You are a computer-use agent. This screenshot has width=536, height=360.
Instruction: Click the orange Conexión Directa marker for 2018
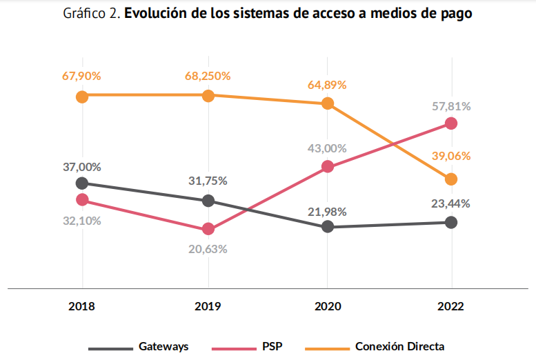(82, 97)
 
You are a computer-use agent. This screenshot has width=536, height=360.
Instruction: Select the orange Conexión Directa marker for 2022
(451, 179)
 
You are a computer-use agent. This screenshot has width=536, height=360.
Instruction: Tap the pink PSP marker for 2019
(208, 229)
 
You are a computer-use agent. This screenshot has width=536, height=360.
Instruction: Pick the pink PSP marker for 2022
(451, 123)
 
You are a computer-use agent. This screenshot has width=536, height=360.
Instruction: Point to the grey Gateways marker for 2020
(328, 226)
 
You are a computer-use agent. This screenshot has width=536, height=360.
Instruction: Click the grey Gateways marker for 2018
(82, 183)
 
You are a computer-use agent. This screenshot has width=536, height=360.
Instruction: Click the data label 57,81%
(451, 106)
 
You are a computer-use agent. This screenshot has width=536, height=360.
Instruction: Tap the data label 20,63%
(208, 249)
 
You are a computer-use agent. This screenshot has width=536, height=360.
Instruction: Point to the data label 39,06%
(451, 156)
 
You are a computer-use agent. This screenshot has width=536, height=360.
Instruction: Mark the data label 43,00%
(328, 148)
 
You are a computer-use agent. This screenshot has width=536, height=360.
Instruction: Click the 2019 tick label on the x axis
(208, 306)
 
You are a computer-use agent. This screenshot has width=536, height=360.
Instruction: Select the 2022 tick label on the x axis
(451, 306)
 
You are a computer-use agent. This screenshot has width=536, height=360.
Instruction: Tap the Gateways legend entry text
(163, 346)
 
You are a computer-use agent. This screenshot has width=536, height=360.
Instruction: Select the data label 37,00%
(82, 166)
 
